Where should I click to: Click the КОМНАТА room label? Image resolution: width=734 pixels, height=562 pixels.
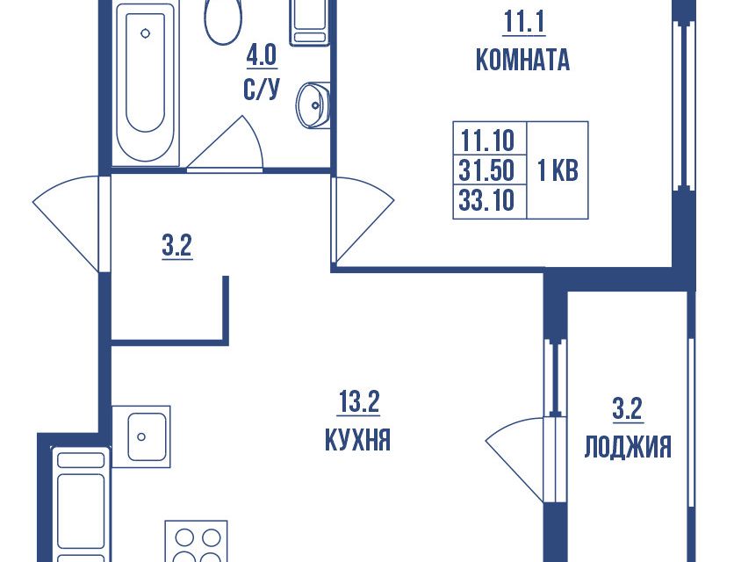522,61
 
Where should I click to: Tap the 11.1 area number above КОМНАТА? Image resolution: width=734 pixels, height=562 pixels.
524,22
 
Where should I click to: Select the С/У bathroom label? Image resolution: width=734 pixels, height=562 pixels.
262,89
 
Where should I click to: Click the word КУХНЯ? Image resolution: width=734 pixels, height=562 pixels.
357,440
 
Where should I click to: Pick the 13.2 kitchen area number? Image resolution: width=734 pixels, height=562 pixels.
358,402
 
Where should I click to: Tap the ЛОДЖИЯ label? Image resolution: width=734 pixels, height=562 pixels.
628,447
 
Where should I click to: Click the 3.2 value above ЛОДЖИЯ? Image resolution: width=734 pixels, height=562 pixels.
627,408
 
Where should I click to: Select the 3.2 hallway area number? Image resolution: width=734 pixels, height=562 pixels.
177,246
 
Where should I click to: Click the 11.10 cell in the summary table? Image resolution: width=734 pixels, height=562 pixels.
487,140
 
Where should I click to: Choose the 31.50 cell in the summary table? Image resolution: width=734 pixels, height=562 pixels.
486,170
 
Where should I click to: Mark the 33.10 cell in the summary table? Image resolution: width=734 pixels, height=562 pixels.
486,200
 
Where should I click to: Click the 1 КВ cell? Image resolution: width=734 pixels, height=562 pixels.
558,170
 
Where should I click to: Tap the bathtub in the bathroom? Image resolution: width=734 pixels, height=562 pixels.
145,84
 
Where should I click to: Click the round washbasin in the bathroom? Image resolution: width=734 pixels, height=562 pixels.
313,104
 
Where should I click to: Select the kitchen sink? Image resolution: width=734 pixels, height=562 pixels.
141,436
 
